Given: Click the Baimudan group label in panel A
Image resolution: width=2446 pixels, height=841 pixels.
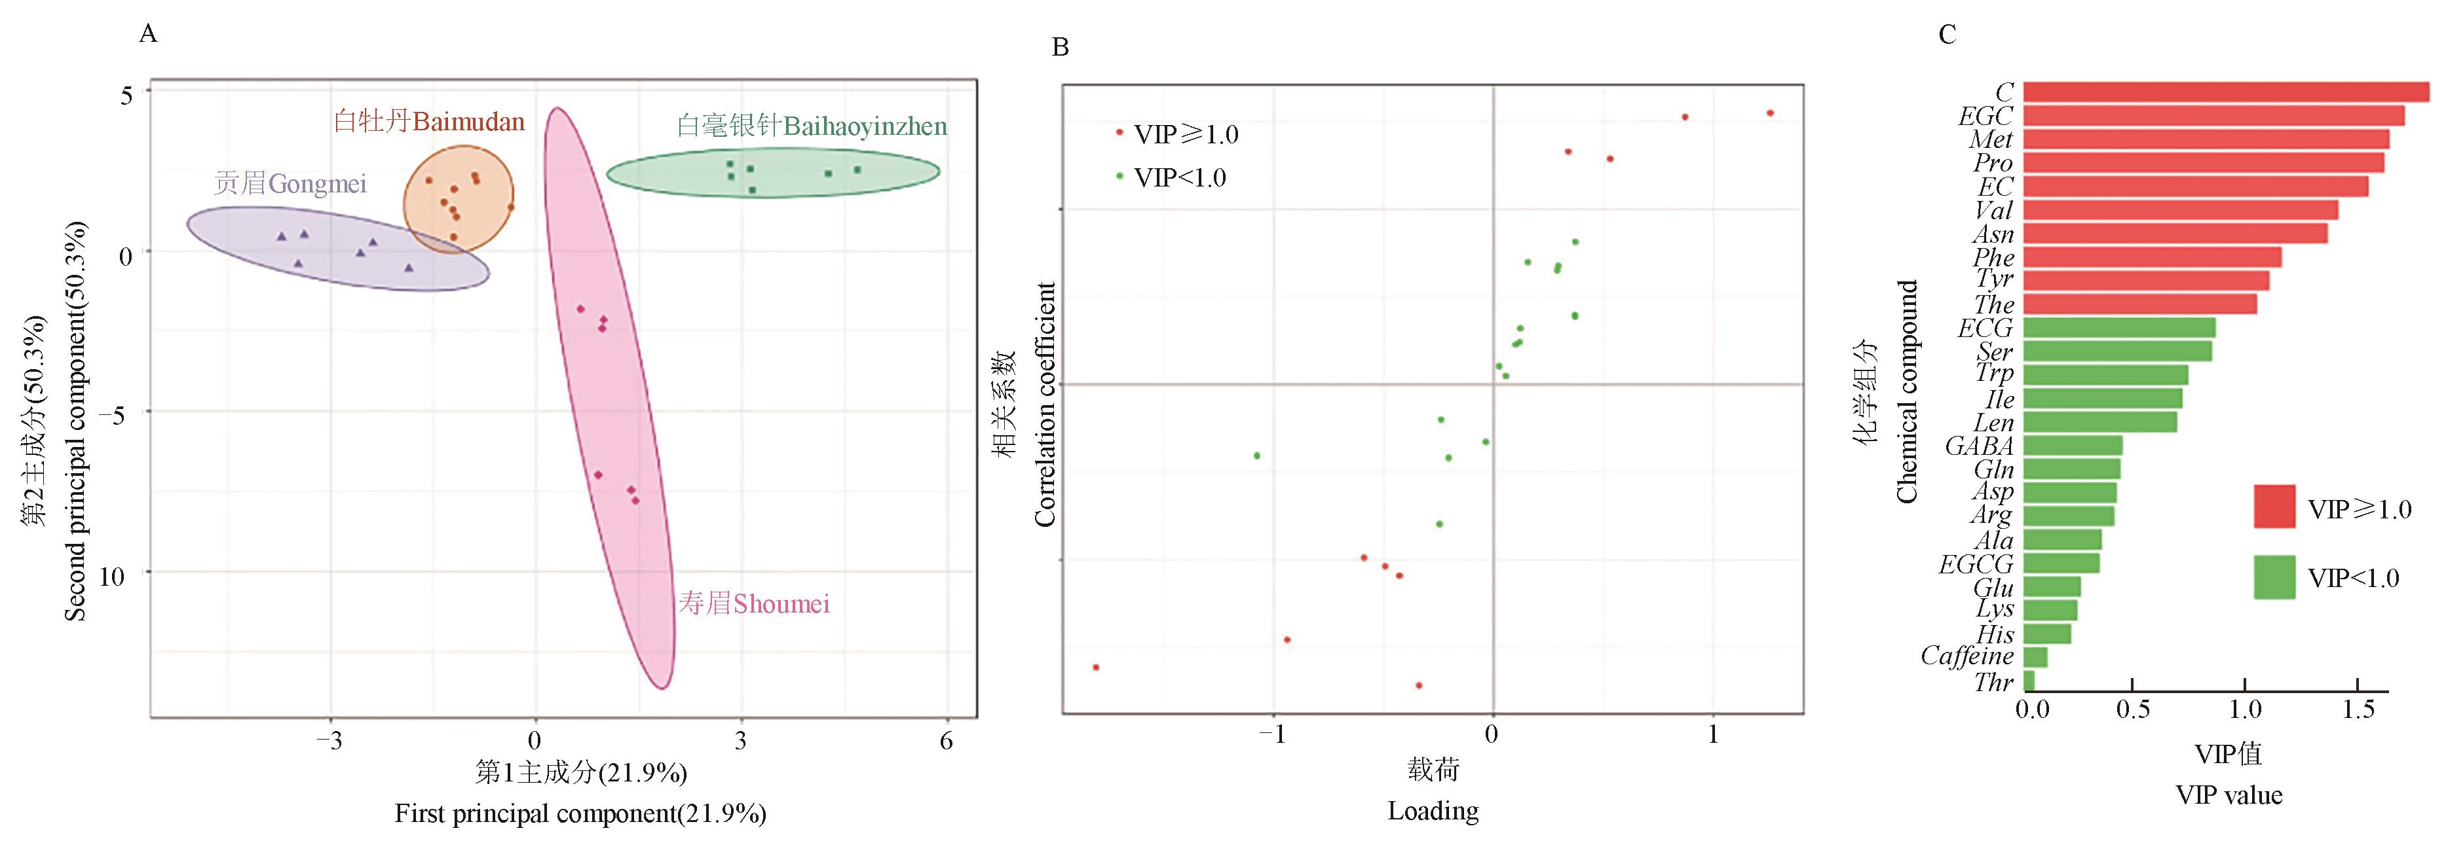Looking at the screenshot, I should (429, 122).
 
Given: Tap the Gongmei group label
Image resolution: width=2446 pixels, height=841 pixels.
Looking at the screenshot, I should (291, 183).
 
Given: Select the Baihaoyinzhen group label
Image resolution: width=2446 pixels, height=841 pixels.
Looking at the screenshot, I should (812, 126).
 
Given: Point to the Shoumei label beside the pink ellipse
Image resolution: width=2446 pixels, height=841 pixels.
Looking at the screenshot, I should (754, 603).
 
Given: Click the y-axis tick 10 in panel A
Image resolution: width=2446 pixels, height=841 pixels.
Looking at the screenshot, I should (111, 575).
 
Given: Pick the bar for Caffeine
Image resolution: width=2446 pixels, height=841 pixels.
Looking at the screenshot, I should (2035, 657).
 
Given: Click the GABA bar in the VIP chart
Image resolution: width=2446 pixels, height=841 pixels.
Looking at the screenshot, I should (2072, 445).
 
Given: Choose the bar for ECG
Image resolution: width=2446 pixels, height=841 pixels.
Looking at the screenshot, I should (2118, 327).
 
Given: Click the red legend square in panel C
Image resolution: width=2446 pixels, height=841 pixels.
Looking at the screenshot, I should (2274, 507).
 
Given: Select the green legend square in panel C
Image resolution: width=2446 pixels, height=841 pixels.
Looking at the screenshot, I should (2274, 577).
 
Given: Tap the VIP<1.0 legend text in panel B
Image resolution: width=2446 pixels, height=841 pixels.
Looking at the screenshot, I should (1179, 177).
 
